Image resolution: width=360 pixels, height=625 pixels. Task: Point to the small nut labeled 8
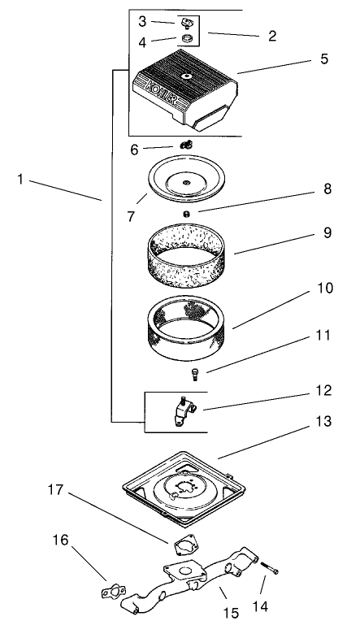[186, 214]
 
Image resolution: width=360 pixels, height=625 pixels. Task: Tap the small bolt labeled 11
[194, 375]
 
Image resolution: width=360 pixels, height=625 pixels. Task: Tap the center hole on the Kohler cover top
[186, 76]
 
